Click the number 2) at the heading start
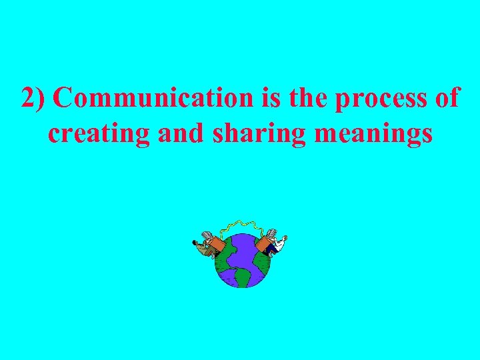[33, 98]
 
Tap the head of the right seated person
[285, 238]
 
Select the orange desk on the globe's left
[215, 245]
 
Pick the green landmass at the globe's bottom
[243, 276]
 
